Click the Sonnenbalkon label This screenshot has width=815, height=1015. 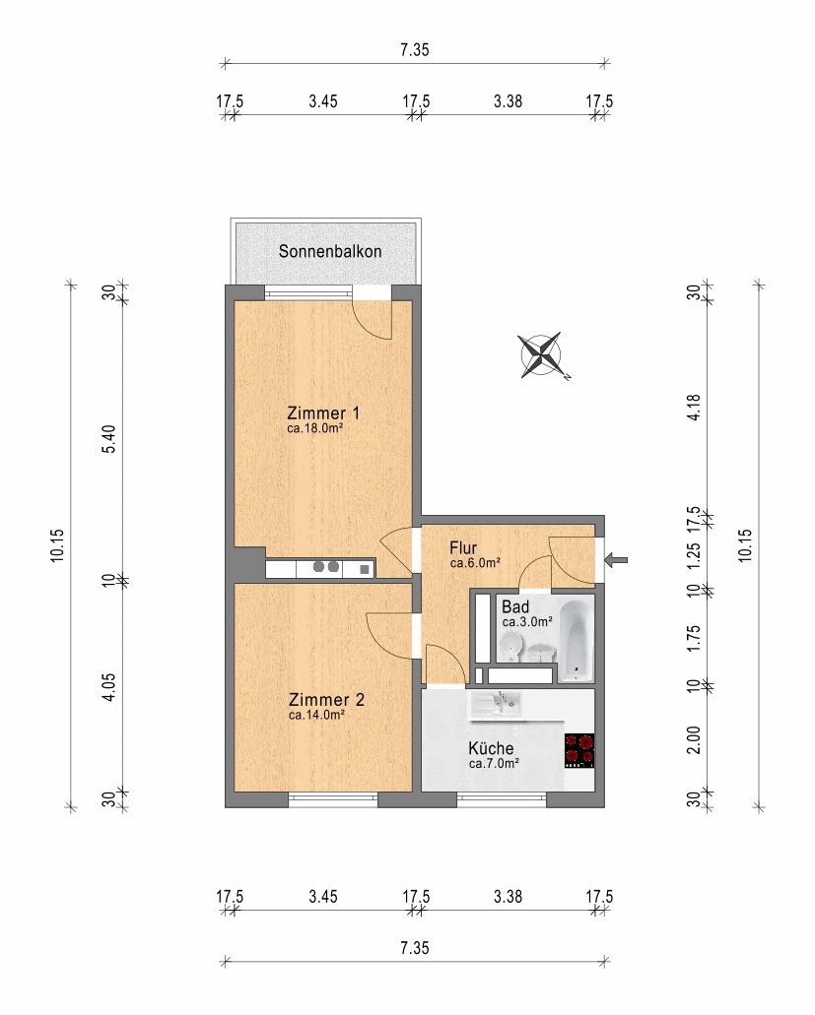click(x=330, y=251)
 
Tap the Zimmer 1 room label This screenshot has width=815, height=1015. click(x=322, y=413)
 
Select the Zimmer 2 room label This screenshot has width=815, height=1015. click(x=326, y=700)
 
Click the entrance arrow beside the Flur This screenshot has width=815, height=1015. click(x=616, y=560)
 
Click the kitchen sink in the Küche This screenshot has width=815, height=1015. click(x=497, y=704)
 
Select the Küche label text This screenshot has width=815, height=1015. click(x=491, y=748)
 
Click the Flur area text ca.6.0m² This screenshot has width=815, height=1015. click(x=475, y=563)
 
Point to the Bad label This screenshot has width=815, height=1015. click(x=515, y=607)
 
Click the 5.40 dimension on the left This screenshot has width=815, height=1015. click(x=109, y=439)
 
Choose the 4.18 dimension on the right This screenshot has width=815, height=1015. click(x=694, y=408)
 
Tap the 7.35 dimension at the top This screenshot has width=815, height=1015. click(x=415, y=50)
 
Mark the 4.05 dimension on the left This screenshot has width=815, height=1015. click(x=109, y=687)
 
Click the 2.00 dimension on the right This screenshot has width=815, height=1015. click(x=694, y=739)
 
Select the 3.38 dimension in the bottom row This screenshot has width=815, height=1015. click(x=508, y=897)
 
